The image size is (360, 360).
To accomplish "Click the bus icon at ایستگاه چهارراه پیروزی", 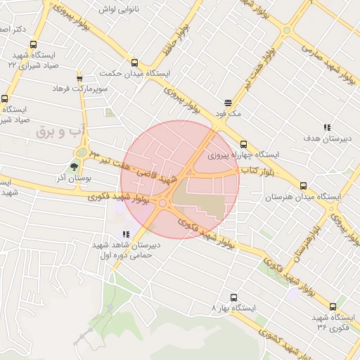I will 244,145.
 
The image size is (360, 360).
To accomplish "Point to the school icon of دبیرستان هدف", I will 327,127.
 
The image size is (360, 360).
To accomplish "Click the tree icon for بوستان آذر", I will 74,167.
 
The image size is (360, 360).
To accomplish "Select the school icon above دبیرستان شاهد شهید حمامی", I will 126,234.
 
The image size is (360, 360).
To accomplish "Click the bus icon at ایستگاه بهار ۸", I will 234,297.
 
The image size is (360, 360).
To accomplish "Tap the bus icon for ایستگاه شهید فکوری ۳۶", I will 333,307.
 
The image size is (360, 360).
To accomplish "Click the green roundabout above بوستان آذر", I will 82,153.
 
